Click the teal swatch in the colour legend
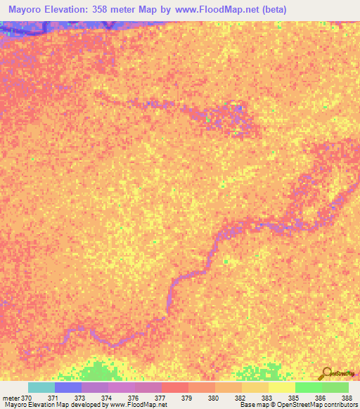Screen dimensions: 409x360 (41, 387)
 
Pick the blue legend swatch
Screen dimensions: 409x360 (68, 387)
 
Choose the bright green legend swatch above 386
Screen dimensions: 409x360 (309, 387)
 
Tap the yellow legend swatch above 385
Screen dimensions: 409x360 (282, 387)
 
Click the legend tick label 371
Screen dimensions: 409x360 (53, 398)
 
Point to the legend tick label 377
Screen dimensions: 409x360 (160, 398)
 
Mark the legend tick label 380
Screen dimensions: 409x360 (213, 398)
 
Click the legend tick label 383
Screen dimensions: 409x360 (266, 398)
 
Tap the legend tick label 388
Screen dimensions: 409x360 (347, 398)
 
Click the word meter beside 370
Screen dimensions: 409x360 (11, 398)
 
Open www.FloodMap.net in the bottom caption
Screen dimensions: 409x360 (137, 405)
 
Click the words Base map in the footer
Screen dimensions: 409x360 (252, 405)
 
